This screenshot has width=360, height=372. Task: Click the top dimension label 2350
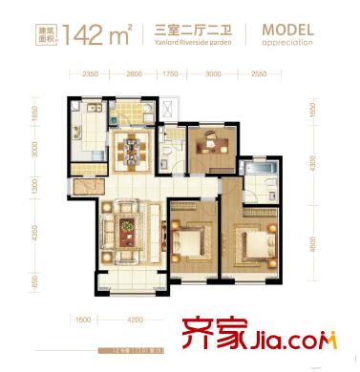click(x=92, y=72)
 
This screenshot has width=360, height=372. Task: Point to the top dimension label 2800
click(x=134, y=72)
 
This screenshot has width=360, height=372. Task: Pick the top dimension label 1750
click(x=171, y=72)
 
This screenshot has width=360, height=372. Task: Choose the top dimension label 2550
click(x=260, y=72)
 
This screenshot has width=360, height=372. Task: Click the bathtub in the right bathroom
click(x=258, y=172)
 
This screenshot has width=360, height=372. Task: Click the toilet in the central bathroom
click(x=165, y=150)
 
